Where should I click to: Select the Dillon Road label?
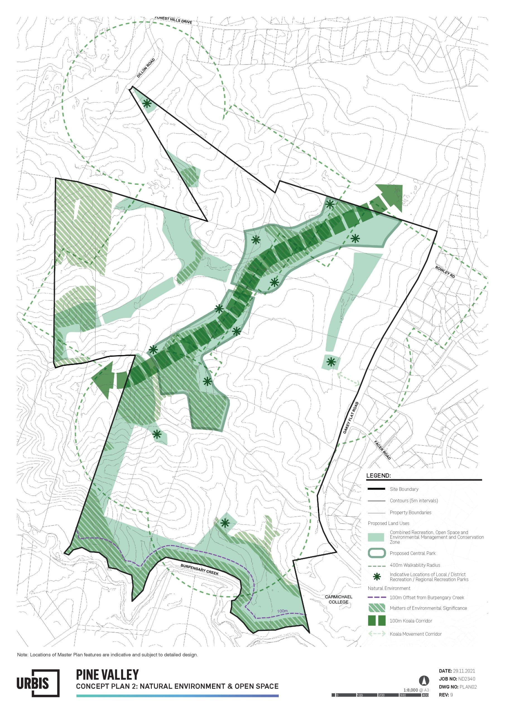(146, 68)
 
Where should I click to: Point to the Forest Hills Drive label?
(173, 20)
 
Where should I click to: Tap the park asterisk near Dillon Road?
(147, 103)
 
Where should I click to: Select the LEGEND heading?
(378, 476)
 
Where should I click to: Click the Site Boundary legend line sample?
(376, 489)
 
